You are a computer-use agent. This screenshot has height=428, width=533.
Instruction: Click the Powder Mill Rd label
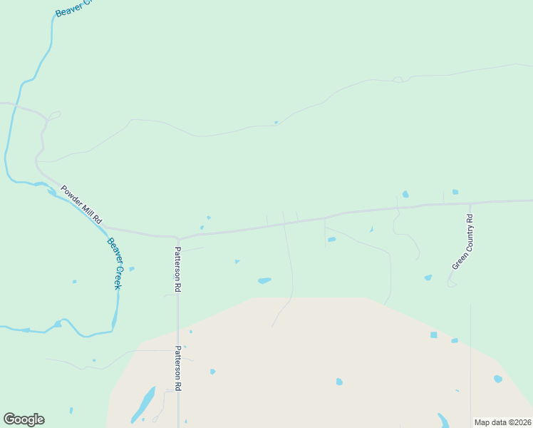[82, 205]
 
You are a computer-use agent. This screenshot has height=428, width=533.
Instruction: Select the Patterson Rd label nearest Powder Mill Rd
[177, 270]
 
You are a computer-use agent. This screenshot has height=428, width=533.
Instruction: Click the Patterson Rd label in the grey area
[178, 368]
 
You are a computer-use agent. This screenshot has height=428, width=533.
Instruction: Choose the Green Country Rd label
[462, 242]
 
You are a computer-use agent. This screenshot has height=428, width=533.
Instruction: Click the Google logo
[24, 419]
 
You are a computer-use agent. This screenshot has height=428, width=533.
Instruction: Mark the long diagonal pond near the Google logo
[143, 404]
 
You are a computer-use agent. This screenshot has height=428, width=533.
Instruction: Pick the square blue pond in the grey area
[433, 335]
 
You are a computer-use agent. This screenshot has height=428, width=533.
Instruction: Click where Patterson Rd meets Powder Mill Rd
[177, 238]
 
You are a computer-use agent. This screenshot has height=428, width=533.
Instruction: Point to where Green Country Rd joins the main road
[470, 203]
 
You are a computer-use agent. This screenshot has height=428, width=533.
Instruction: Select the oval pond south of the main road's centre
[264, 280]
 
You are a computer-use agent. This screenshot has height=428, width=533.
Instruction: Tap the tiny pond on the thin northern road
[276, 123]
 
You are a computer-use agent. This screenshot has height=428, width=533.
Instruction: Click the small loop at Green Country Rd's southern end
[451, 283]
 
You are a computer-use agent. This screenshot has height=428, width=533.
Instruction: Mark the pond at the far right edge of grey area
[497, 379]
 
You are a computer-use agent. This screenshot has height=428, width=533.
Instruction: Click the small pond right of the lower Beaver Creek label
[132, 269]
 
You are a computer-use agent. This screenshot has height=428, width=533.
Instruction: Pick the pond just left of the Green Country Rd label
[428, 277]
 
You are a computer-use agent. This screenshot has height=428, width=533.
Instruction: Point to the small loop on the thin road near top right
[398, 78]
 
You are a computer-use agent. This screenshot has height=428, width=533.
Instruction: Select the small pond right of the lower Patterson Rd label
[212, 372]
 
